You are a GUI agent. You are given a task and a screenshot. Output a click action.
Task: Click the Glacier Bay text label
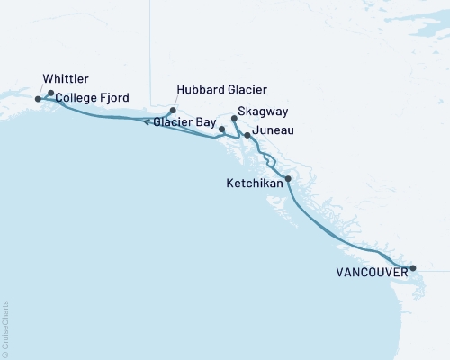coord(184,121)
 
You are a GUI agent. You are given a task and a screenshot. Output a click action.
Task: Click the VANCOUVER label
coord(370,271)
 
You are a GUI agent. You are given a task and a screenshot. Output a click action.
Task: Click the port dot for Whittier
coord(38,99)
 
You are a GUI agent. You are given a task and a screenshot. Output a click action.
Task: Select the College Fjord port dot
coord(51,93)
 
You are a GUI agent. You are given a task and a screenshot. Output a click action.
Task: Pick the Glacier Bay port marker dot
coord(221,130)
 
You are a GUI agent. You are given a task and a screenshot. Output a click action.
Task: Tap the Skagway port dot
coord(234,118)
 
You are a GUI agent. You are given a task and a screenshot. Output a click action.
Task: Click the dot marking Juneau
coord(247,135)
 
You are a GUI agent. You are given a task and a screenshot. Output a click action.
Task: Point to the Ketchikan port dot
coord(288,179)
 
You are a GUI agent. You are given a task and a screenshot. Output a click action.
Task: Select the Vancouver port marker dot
coord(413,268)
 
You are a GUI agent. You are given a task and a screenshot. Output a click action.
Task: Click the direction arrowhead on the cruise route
coord(146,123)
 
